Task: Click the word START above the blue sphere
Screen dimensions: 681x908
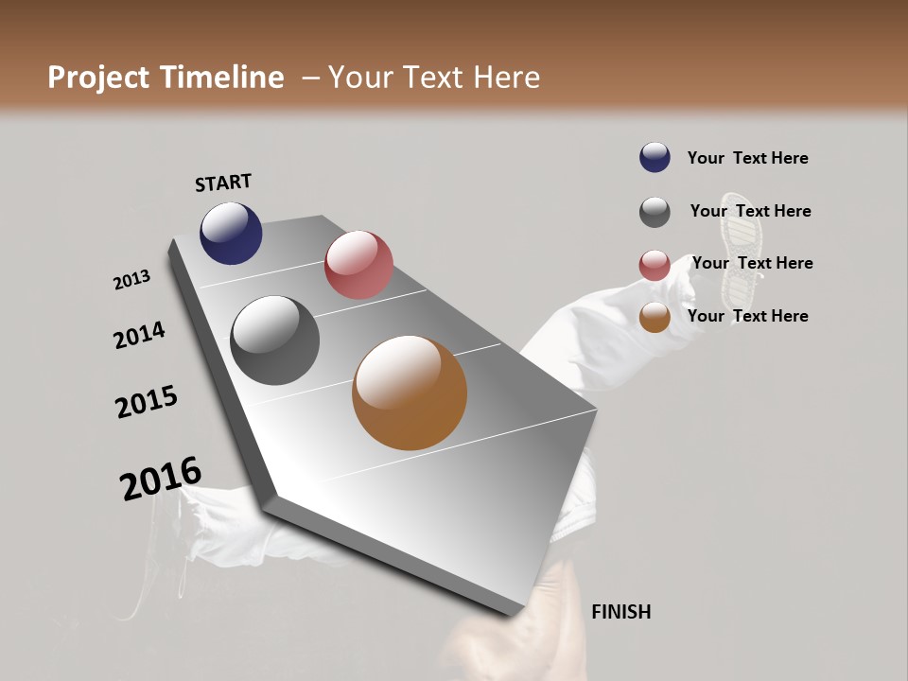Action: [x=223, y=183]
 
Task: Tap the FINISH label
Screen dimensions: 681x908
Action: [x=620, y=612]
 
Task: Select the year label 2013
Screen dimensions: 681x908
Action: [x=131, y=280]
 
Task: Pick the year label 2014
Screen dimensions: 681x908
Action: [x=139, y=336]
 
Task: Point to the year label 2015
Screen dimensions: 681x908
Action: [x=147, y=401]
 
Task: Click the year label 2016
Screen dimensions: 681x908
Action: [x=161, y=479]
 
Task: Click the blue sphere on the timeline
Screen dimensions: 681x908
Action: [x=231, y=233]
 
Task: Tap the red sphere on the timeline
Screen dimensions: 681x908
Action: [x=358, y=264]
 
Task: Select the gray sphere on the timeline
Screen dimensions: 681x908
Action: [x=274, y=340]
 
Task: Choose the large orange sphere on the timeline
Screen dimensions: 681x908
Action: [x=410, y=393]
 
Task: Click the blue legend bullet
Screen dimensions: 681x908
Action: [x=655, y=157]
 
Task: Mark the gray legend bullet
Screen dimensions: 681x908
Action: [x=655, y=212]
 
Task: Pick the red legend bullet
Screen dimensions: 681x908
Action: [x=655, y=265]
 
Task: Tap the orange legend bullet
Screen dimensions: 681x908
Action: [x=655, y=318]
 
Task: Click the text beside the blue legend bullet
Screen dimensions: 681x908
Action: [x=747, y=158]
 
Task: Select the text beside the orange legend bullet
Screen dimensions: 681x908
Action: [x=747, y=316]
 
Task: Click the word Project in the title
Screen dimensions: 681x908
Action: [x=98, y=78]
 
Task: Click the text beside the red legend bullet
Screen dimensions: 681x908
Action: [x=752, y=263]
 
